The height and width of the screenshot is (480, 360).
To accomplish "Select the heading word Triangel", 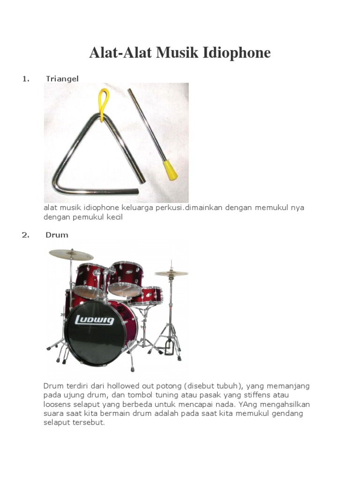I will [62, 78].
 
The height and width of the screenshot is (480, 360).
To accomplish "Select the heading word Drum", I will [57, 235].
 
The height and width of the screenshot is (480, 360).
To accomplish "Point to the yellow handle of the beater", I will [169, 170].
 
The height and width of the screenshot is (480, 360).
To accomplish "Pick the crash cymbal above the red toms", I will [71, 255].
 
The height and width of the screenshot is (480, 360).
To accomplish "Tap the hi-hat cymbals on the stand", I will [171, 273].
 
